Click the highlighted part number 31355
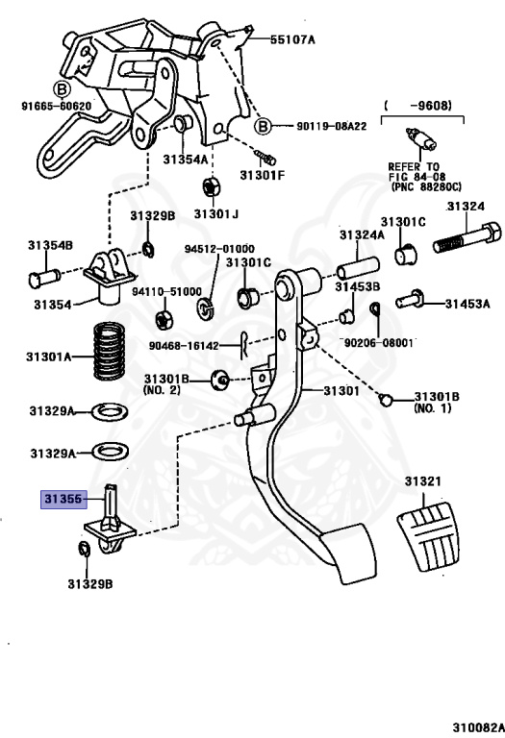pyautogui.click(x=63, y=499)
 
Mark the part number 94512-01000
pyautogui.click(x=219, y=247)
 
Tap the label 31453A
pyautogui.click(x=467, y=304)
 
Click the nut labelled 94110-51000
pyautogui.click(x=164, y=314)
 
